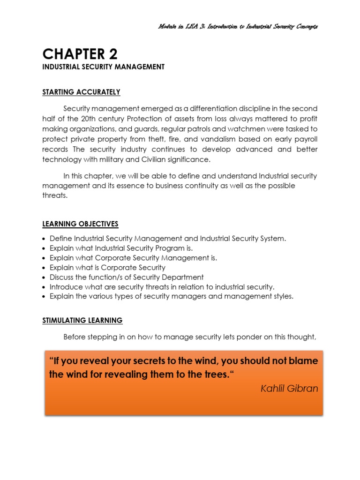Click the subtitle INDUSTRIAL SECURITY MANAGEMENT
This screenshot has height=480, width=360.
point(103,67)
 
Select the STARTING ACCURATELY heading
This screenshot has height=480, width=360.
point(81,92)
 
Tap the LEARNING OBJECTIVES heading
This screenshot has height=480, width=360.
point(80,224)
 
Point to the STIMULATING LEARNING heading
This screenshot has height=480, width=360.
point(82,321)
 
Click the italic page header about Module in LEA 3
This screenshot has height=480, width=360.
point(238,26)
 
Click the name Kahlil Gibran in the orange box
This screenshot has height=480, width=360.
point(289,388)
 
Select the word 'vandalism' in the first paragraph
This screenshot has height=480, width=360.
point(213,139)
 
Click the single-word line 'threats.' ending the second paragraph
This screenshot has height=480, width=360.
point(55,195)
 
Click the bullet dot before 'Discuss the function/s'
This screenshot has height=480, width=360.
point(44,277)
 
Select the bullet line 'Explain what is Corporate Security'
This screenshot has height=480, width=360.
point(107,268)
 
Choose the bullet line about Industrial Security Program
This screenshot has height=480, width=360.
point(121,248)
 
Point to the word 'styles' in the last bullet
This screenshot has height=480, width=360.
point(282,296)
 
